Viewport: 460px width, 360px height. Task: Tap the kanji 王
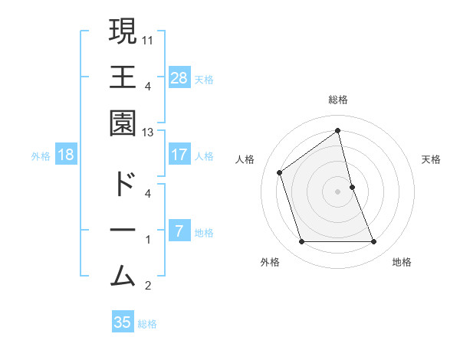123,77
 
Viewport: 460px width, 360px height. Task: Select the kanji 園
123,123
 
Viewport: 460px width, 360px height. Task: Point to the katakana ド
123,185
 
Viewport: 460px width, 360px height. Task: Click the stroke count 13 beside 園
148,132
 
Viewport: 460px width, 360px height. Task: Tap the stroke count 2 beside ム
148,286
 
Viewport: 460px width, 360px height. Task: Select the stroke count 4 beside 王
148,86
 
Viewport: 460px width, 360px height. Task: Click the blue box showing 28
179,77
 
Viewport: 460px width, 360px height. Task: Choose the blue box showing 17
179,155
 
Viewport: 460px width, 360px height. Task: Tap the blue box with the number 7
179,231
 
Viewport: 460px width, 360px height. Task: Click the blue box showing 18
66,155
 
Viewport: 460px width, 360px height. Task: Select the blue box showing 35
123,322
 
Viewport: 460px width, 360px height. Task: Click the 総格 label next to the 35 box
147,324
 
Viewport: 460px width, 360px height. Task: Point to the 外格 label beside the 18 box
41,156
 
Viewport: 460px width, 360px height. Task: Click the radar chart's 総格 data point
338,130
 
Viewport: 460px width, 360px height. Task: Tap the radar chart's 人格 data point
280,172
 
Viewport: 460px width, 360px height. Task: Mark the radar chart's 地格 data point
374,242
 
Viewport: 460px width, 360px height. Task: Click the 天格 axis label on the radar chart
431,159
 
